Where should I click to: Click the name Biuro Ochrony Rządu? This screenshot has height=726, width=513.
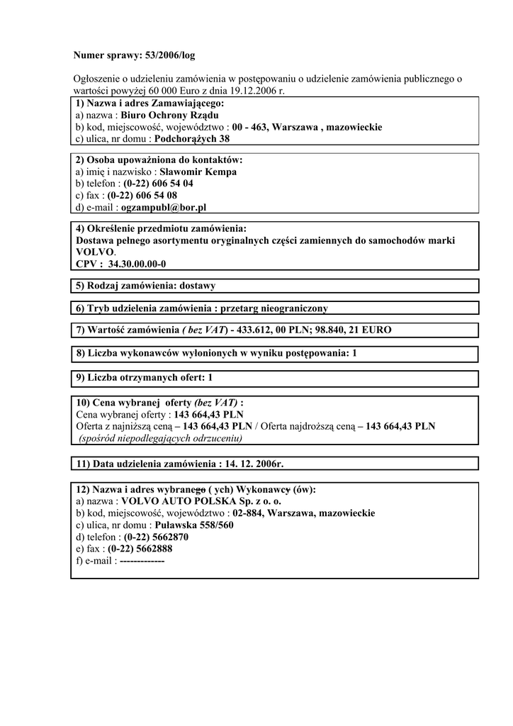coord(169,115)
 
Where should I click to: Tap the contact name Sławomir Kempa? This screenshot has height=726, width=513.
coord(198,172)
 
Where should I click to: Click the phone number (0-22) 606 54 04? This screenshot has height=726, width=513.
coord(158,184)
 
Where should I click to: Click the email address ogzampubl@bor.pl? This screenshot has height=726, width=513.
coord(163,208)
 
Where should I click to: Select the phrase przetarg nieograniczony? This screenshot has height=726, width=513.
coord(274,308)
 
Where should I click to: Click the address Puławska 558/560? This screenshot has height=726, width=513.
coord(194,525)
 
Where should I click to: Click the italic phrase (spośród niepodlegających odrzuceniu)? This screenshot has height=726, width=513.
coord(160,438)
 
